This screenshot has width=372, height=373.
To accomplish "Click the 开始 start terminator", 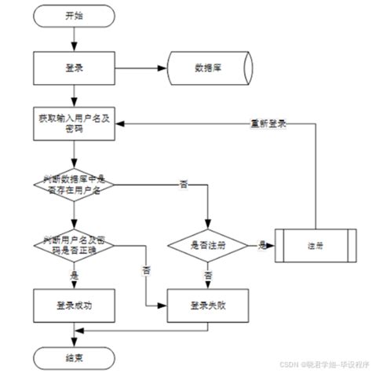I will coord(72,15).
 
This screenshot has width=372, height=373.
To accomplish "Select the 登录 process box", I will coord(72,68).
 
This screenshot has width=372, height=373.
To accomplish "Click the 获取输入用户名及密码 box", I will coord(72,124).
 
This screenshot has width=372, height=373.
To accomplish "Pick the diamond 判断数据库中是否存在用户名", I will coord(72,184).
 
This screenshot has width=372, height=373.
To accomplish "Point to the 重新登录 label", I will coord(268,123).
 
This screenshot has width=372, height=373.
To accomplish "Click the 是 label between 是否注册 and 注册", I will coord(261,245).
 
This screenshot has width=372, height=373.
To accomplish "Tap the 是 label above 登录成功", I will coord(75,276).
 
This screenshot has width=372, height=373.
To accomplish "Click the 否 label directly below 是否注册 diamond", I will coord(209,276).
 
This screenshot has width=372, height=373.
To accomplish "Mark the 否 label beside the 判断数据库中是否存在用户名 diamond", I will coord(183,184).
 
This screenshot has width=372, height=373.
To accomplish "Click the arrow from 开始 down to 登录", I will coord(72,38).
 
